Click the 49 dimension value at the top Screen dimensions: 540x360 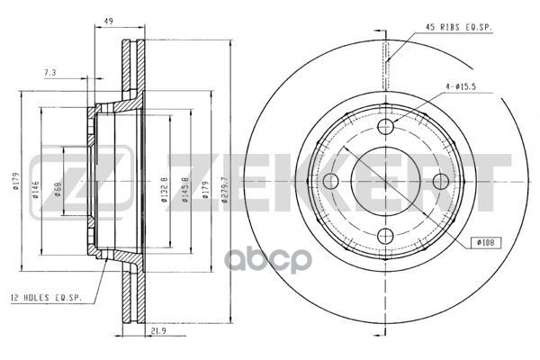coord(109,21)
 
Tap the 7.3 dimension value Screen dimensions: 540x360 coord(49,73)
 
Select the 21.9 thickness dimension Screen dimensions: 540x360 coord(158,331)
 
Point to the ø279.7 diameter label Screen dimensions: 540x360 coord(224,190)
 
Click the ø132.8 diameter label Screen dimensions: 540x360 coord(165,190)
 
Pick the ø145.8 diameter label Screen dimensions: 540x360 coord(184,190)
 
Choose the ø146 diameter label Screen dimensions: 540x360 coord(35,190)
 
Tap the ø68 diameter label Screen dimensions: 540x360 coord(58,190)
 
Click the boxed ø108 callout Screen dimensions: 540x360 coord(486,242)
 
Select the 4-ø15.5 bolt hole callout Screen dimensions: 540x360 coord(461,87)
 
